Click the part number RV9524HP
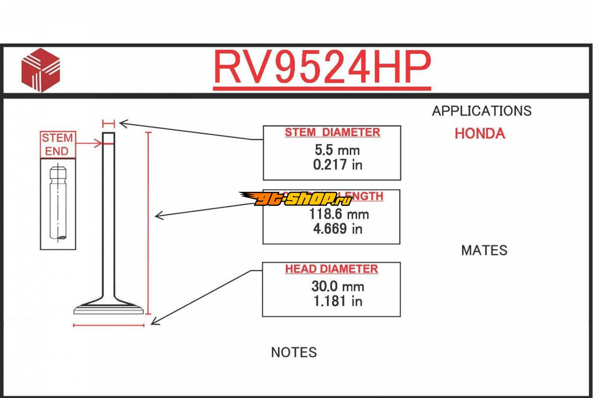(x=322, y=67)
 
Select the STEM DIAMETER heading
(x=332, y=132)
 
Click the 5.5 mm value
(x=337, y=150)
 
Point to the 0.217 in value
(x=338, y=165)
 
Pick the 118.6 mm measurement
(x=339, y=214)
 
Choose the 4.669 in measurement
(x=338, y=229)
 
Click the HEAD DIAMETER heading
(x=331, y=269)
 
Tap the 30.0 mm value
(x=338, y=286)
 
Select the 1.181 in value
(x=338, y=301)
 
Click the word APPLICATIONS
(x=482, y=111)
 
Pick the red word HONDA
(x=480, y=134)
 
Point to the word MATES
(x=484, y=250)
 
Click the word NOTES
(x=294, y=353)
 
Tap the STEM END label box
(x=58, y=144)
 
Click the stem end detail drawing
(x=58, y=204)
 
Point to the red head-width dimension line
(x=109, y=326)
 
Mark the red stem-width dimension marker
(x=108, y=124)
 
